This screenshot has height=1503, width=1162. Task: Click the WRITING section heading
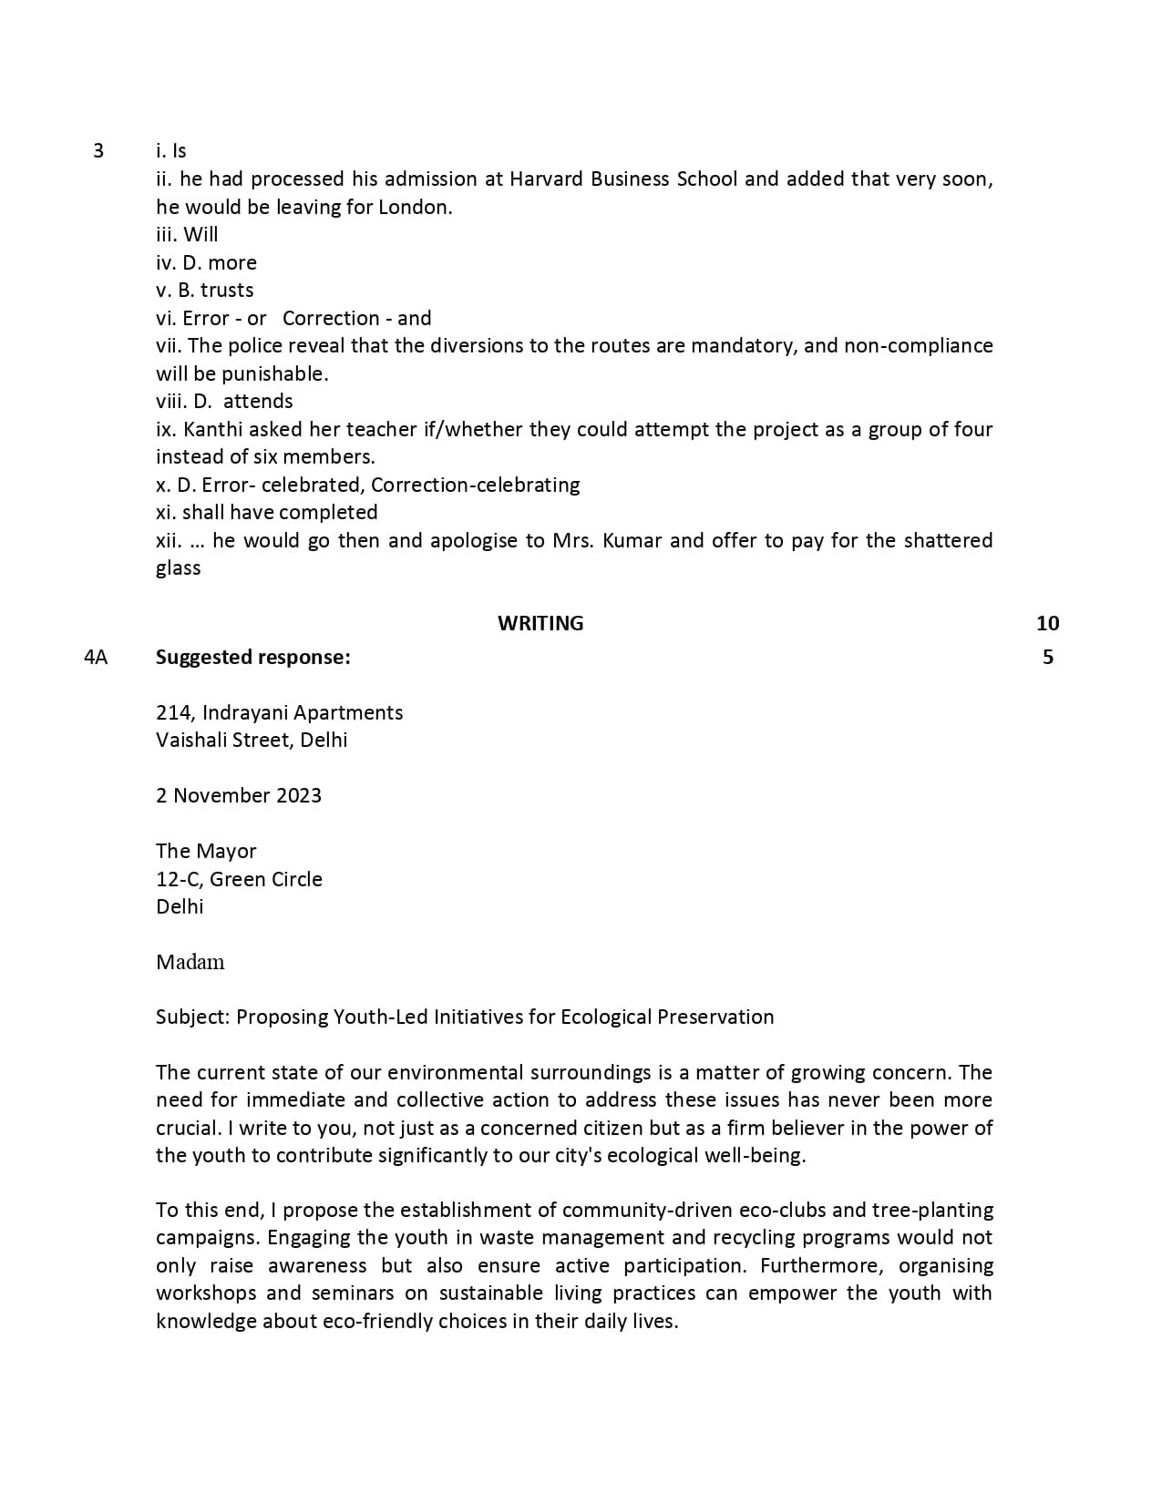pyautogui.click(x=540, y=623)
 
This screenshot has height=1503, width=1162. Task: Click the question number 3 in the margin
pyautogui.click(x=98, y=151)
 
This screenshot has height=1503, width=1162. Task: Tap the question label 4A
pyautogui.click(x=96, y=657)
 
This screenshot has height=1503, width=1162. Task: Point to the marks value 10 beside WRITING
pyautogui.click(x=1047, y=623)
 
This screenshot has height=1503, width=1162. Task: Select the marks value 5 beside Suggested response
pyautogui.click(x=1047, y=657)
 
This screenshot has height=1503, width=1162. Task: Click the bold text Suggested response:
pyautogui.click(x=252, y=657)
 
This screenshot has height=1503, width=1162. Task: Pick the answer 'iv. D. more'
pyautogui.click(x=206, y=262)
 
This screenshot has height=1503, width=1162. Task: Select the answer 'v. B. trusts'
pyautogui.click(x=204, y=290)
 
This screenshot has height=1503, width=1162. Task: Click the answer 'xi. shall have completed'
pyautogui.click(x=266, y=512)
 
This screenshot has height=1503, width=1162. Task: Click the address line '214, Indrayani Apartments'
pyautogui.click(x=279, y=712)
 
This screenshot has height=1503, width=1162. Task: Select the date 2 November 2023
pyautogui.click(x=239, y=795)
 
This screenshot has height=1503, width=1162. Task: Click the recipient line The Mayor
pyautogui.click(x=206, y=851)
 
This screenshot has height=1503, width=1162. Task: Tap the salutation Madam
pyautogui.click(x=190, y=962)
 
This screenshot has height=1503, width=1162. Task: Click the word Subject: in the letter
pyautogui.click(x=192, y=1017)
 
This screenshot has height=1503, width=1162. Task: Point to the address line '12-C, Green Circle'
pyautogui.click(x=239, y=879)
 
